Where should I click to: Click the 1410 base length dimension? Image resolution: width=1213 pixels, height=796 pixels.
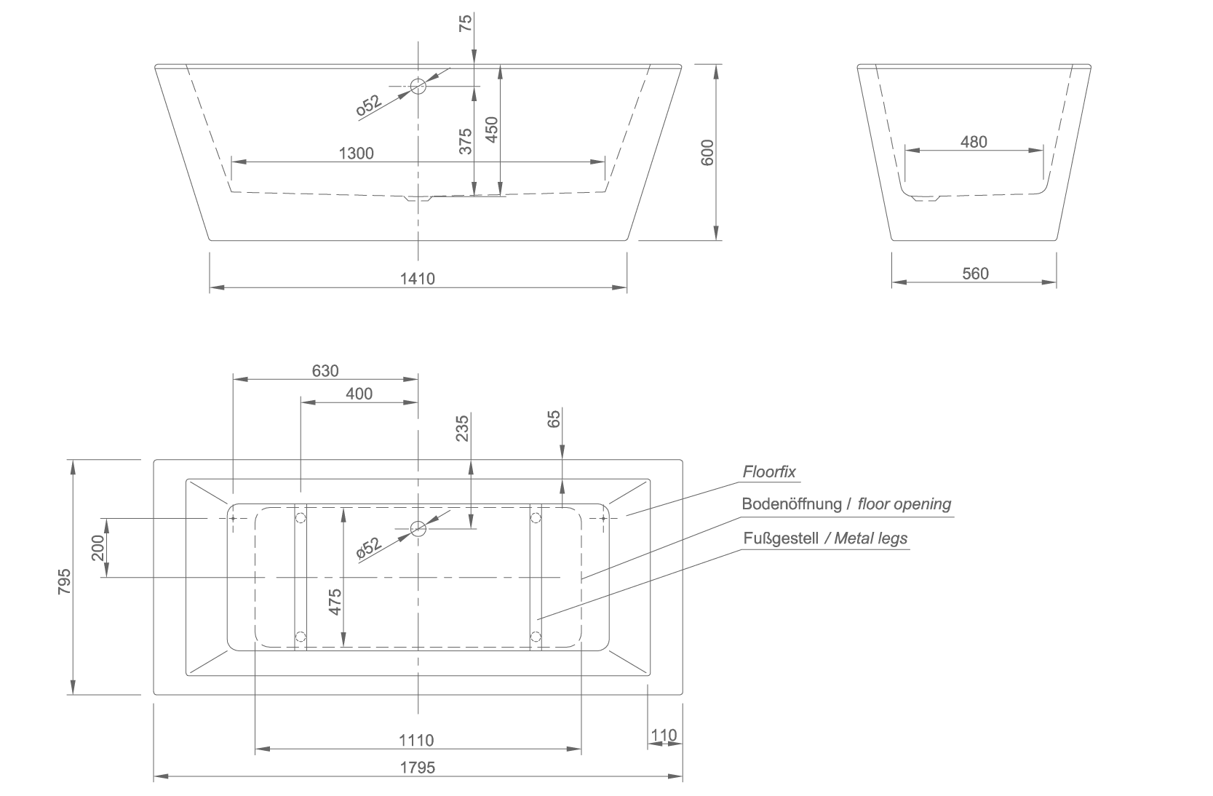point(417,279)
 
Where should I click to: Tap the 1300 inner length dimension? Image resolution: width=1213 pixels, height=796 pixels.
point(357,154)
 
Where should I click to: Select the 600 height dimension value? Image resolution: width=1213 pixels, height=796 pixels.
point(708,153)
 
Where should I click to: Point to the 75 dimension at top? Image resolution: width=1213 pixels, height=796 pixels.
point(466,23)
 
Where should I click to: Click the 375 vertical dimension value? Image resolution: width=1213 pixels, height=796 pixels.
point(466,141)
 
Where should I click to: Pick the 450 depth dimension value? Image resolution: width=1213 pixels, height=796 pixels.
point(492,130)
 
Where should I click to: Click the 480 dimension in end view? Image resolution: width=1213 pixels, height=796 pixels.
point(974,142)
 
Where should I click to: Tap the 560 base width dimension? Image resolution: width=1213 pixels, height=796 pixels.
point(975,274)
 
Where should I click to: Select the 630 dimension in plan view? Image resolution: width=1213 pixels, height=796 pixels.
point(325,371)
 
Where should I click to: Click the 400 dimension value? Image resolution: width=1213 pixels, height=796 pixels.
point(359,394)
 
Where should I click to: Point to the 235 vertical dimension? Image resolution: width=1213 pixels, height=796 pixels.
point(462,429)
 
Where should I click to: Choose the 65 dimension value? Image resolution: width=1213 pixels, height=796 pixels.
point(554,419)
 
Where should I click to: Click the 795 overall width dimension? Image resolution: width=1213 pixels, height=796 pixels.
point(65,581)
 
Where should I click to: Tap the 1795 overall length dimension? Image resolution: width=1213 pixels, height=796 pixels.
point(418,768)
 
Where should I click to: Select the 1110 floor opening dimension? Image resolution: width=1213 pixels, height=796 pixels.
point(416,740)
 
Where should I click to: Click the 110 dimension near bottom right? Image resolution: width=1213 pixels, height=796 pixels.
point(664,736)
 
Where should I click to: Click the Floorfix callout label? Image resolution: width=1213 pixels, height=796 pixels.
point(769,472)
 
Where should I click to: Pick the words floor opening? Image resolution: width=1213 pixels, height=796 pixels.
point(904,504)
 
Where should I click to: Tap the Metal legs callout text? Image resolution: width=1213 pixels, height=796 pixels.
point(871,538)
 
